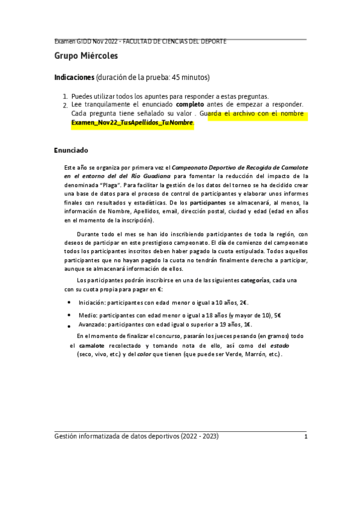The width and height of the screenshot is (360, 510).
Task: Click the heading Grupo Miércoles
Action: coord(86,57)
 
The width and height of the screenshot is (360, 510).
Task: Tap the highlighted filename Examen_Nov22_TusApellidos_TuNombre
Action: coord(132,123)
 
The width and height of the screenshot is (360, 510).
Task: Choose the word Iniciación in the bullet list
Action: coord(93,303)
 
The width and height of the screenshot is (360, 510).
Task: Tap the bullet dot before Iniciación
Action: coord(70,304)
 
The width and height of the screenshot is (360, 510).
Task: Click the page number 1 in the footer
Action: coord(306,437)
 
